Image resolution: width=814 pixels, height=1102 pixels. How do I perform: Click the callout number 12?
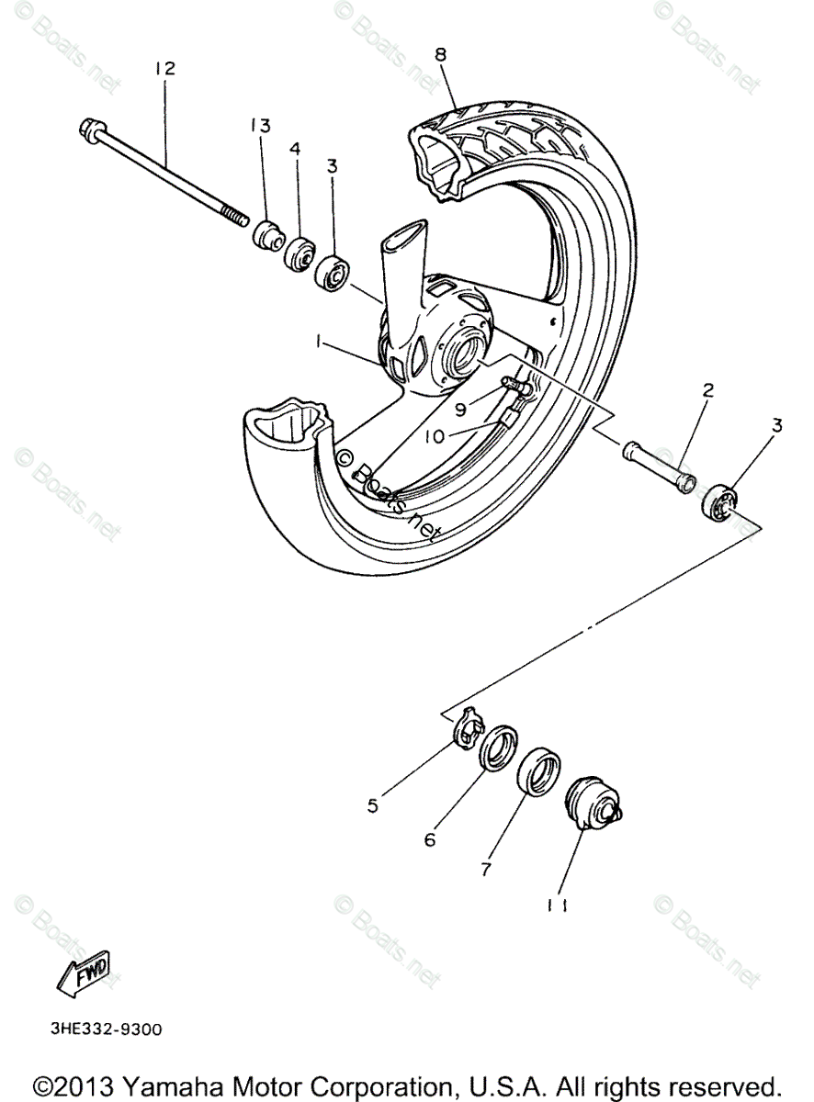click(x=165, y=69)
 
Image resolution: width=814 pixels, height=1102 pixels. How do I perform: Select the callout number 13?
click(x=261, y=126)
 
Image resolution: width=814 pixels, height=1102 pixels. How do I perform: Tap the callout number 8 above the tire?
click(x=441, y=55)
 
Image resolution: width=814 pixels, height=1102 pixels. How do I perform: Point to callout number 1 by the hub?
click(x=319, y=342)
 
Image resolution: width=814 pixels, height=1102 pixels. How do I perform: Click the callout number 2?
click(x=708, y=389)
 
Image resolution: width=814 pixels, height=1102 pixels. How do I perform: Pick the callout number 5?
click(x=373, y=806)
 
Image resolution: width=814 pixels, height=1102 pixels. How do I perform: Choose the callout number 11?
click(x=557, y=905)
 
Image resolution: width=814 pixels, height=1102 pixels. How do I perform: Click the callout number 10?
click(x=435, y=436)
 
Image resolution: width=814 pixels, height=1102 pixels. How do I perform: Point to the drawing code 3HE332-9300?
click(x=107, y=1029)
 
